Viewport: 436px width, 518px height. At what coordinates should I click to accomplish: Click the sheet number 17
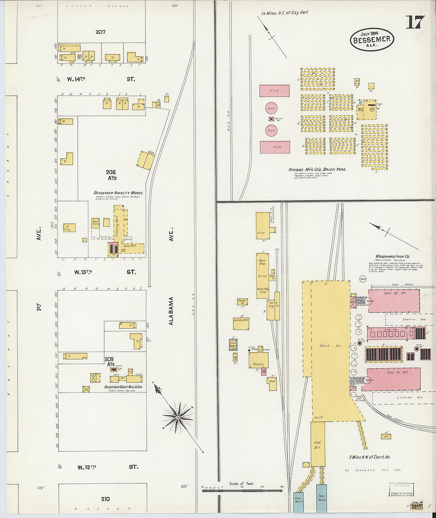point(415,22)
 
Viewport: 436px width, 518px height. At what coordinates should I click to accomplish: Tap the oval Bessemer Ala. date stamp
point(371,39)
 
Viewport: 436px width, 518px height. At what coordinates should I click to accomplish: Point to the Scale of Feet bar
point(243,491)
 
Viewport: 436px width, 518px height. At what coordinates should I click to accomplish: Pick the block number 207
point(100,32)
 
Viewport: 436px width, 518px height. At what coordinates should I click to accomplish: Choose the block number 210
point(105,499)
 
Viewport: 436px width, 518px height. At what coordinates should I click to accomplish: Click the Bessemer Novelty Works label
point(118,193)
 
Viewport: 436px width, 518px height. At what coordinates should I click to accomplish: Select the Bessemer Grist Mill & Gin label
point(123,387)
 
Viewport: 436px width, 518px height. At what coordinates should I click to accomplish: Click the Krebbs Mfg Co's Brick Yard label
point(317,169)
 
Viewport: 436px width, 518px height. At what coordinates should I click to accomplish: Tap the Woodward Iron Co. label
point(392,256)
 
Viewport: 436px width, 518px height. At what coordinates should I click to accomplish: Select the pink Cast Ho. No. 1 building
point(394,300)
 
